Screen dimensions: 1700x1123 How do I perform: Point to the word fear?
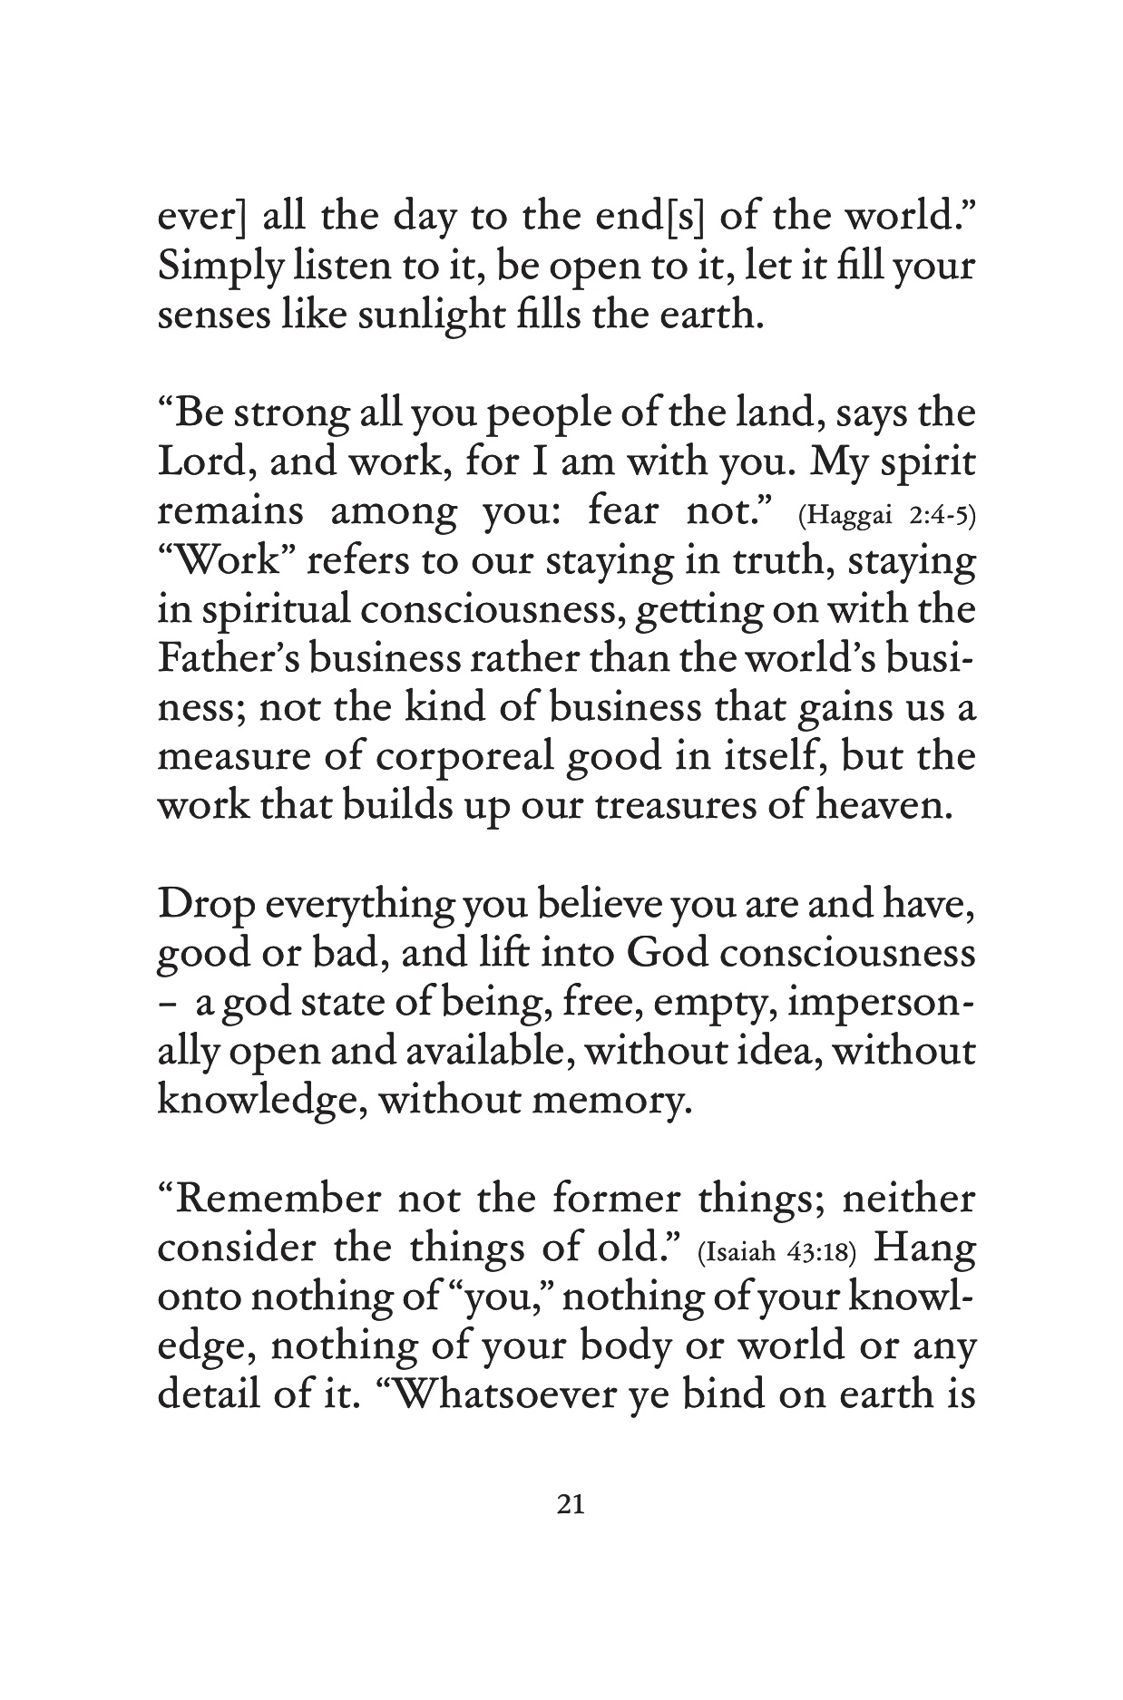[x=630, y=512]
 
